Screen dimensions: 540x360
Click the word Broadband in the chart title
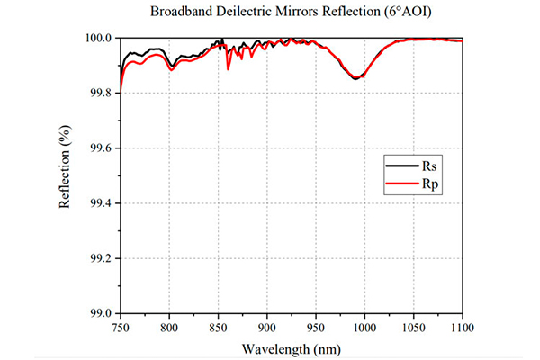point(182,12)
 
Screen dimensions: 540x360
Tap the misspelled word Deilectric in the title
point(246,12)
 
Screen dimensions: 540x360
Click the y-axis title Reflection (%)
point(65,166)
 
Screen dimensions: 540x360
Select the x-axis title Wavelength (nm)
point(292,349)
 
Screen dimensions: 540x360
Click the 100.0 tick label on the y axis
point(98,38)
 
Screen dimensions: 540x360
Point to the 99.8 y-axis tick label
point(101,93)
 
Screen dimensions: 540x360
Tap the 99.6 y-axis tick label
point(101,148)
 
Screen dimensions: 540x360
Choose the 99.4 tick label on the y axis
point(101,203)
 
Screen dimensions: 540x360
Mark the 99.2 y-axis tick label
point(101,258)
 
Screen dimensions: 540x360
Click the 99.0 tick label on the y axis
point(101,313)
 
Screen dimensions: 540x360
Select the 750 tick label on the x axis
point(121,328)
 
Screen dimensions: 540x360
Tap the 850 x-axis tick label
point(218,328)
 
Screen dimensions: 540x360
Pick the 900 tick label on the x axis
point(267,328)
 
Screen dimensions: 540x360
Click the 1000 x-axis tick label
point(364,328)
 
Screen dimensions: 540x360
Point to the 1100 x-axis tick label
point(463,328)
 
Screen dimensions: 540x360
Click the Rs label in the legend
point(429,166)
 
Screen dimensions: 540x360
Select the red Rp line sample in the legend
point(402,184)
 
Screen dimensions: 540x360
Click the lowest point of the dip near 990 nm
point(356,78)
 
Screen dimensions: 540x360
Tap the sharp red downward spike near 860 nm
point(228,69)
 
